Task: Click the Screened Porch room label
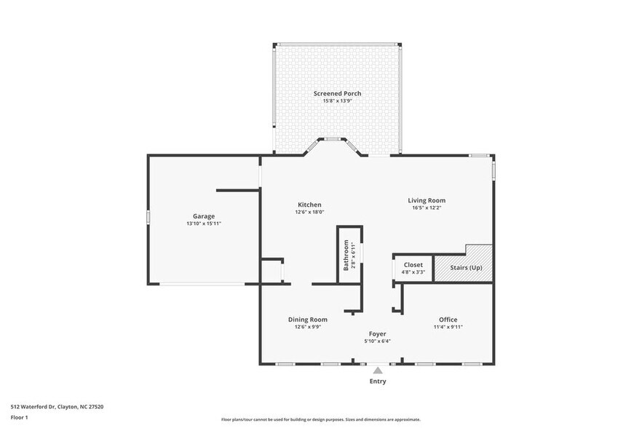pyautogui.click(x=337, y=93)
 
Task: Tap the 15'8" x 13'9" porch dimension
pyautogui.click(x=337, y=100)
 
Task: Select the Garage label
pyautogui.click(x=203, y=216)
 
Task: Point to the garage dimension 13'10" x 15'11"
pyautogui.click(x=203, y=223)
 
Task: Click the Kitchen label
pyautogui.click(x=309, y=205)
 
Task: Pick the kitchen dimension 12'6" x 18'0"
pyautogui.click(x=309, y=212)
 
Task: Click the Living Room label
pyautogui.click(x=426, y=200)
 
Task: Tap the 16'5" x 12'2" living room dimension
pyautogui.click(x=426, y=207)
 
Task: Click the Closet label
pyautogui.click(x=413, y=265)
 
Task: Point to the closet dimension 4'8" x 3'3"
pyautogui.click(x=413, y=272)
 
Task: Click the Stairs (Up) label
pyautogui.click(x=467, y=268)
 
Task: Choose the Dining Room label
pyautogui.click(x=307, y=320)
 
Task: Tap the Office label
pyautogui.click(x=448, y=320)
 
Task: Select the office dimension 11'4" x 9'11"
pyautogui.click(x=448, y=327)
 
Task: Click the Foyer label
pyautogui.click(x=376, y=333)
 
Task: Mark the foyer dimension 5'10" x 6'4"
pyautogui.click(x=376, y=341)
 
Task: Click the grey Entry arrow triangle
pyautogui.click(x=377, y=370)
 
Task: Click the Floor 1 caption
pyautogui.click(x=19, y=417)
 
